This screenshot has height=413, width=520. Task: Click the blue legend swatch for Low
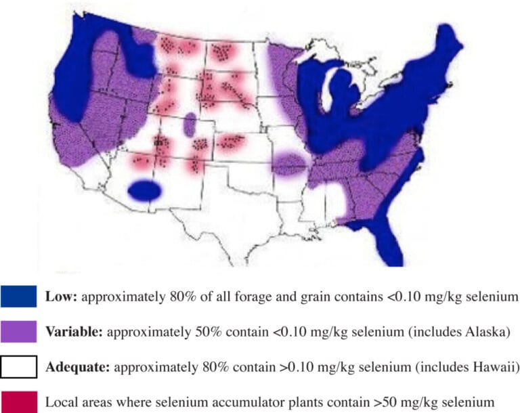pyautogui.click(x=19, y=297)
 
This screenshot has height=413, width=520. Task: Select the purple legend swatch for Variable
pyautogui.click(x=19, y=332)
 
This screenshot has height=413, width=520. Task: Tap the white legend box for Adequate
pyautogui.click(x=19, y=367)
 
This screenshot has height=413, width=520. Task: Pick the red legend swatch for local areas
pyautogui.click(x=19, y=401)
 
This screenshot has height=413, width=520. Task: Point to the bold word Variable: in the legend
pyautogui.click(x=74, y=332)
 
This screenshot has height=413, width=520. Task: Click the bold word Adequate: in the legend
pyautogui.click(x=78, y=367)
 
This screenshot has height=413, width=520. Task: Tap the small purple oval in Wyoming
pyautogui.click(x=190, y=124)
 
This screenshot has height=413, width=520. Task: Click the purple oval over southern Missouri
pyautogui.click(x=291, y=164)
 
